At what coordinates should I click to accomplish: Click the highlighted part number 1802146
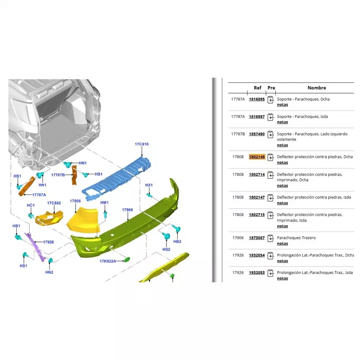[x=257, y=157]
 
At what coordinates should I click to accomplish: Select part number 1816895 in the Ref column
[x=257, y=99]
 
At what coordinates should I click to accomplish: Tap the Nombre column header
[x=317, y=88]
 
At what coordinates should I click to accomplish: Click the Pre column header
[x=271, y=88]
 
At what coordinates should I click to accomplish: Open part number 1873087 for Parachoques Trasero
[x=257, y=238]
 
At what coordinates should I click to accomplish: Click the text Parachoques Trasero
[x=296, y=238]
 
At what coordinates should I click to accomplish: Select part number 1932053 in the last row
[x=257, y=273]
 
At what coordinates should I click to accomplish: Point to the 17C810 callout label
[x=142, y=144]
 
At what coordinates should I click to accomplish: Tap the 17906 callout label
[x=127, y=210]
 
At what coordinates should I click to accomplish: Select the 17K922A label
[x=108, y=261]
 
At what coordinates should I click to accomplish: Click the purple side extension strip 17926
[x=36, y=247]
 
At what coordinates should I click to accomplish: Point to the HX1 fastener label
[x=149, y=185]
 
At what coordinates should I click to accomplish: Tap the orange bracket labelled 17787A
[x=27, y=186]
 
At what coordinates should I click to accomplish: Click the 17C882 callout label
[x=54, y=203]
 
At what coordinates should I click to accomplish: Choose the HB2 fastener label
[x=177, y=242]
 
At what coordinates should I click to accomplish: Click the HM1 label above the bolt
[x=104, y=202]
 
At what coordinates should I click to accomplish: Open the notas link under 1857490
[x=283, y=145]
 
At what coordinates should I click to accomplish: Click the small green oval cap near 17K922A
[x=127, y=260]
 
